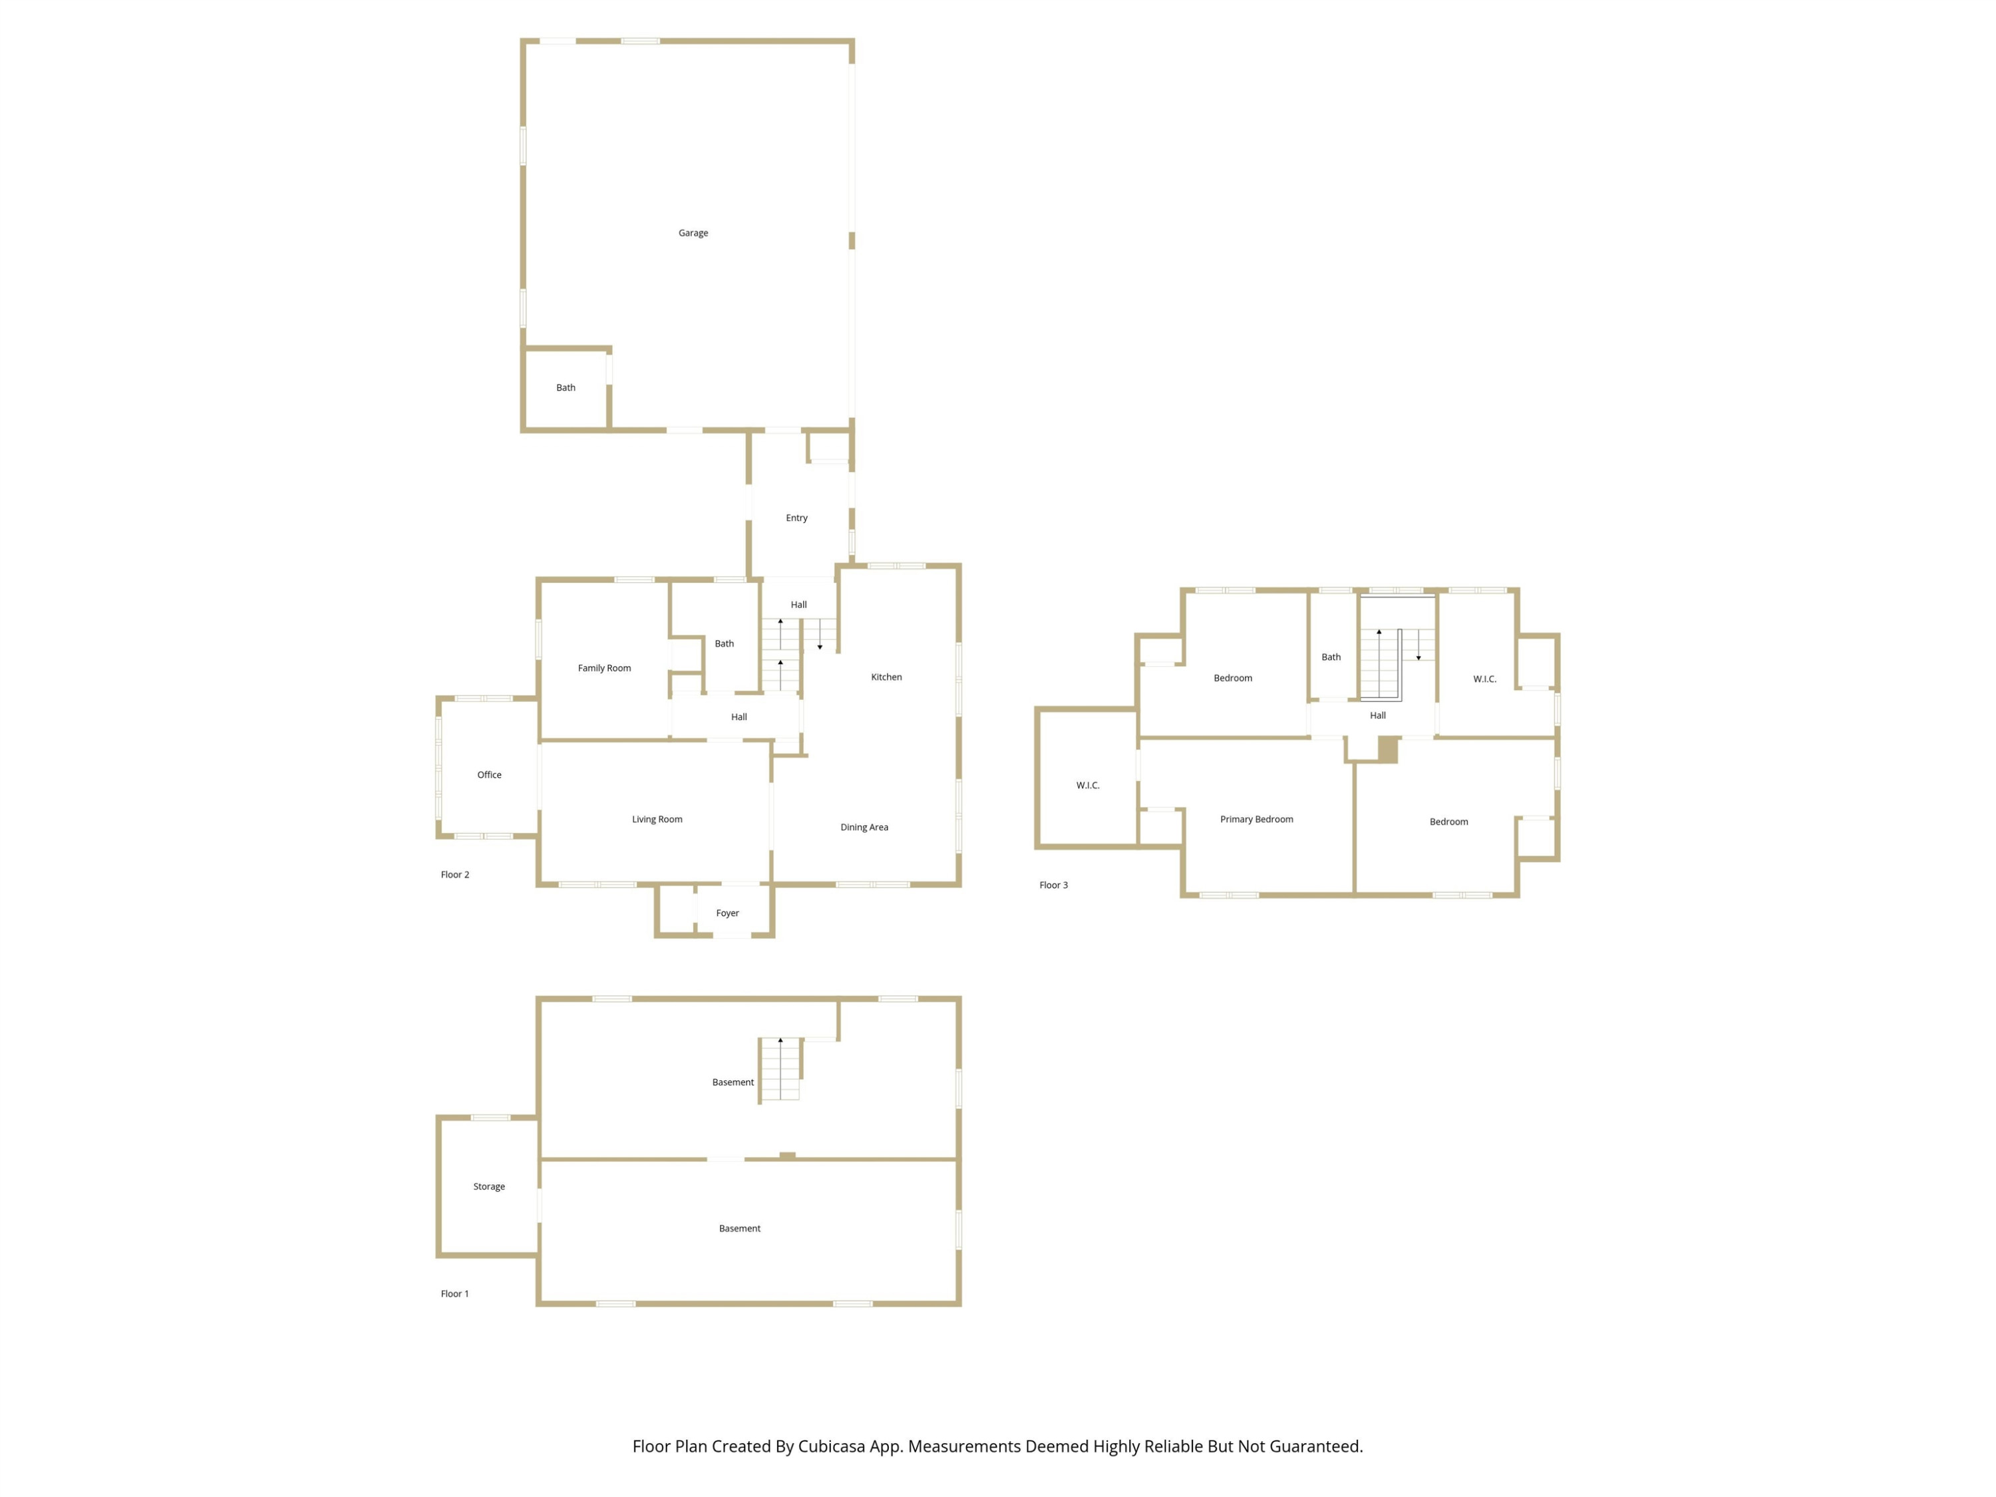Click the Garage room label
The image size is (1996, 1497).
693,233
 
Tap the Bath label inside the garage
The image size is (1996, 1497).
566,388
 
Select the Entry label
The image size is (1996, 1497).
797,518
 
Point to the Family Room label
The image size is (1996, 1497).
605,669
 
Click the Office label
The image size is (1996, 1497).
489,775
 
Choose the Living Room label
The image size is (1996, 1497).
657,819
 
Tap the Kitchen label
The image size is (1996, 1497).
886,677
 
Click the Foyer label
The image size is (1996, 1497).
727,914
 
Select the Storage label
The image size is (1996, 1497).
489,1186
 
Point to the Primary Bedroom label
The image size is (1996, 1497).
1257,819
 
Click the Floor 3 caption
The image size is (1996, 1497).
1053,885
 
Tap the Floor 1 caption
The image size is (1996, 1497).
455,1294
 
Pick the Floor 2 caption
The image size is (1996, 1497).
455,874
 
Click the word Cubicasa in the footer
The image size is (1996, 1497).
831,1446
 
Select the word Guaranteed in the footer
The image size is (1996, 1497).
1317,1446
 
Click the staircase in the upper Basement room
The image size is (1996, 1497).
780,1070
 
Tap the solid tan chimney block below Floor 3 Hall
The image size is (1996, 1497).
1388,750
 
